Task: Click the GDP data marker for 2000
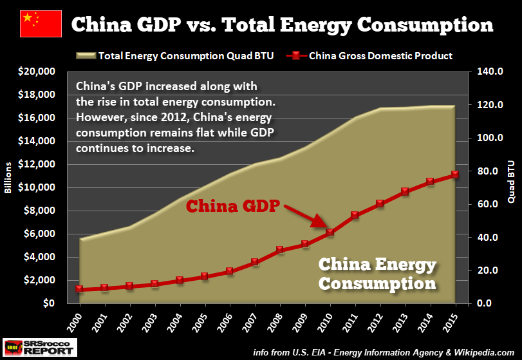(x=80, y=289)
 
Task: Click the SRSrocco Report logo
(x=39, y=346)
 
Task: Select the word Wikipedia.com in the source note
(x=481, y=352)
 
